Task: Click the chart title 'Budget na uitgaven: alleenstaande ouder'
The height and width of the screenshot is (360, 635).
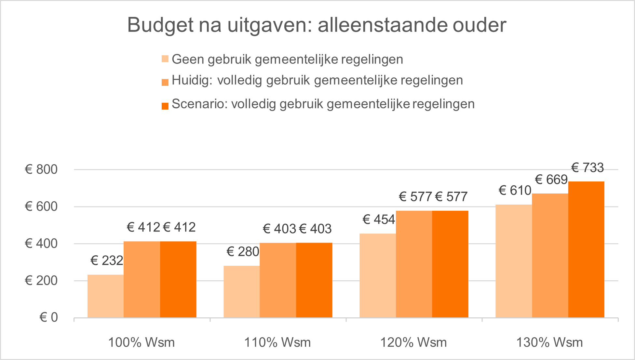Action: coord(317,25)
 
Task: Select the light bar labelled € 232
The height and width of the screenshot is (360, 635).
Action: coord(105,296)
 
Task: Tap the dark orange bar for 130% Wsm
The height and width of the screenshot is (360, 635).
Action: coord(586,249)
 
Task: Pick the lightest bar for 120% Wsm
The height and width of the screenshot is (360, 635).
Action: coord(377,275)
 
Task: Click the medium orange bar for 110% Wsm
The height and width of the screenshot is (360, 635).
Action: coord(278,280)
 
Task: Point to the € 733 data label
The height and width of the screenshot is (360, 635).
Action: coord(588,168)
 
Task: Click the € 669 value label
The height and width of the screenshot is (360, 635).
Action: coord(551,180)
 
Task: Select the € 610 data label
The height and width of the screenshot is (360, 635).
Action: coord(515,191)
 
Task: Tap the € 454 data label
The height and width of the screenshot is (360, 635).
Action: coord(379,220)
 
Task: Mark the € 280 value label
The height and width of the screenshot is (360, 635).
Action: coord(243,251)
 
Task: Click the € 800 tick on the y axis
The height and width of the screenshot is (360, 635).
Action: coord(41,169)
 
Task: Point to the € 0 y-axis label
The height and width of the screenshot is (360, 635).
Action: coord(48,317)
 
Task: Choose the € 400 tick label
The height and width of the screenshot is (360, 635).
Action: coord(41,244)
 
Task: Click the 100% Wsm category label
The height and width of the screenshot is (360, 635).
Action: coord(142,342)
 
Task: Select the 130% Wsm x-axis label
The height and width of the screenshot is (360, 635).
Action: coord(549,342)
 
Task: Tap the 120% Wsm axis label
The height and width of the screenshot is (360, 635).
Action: coord(413,342)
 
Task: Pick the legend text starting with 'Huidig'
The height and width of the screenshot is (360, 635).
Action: coord(317,80)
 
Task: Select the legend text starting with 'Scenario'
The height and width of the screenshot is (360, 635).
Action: coord(323,104)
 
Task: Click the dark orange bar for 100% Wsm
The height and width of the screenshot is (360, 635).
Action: coord(178,279)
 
